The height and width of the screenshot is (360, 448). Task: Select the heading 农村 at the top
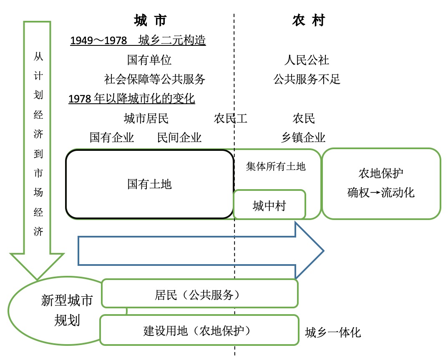point(308,20)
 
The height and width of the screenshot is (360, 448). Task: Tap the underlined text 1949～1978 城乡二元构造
point(138,40)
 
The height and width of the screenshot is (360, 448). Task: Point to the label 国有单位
point(149,60)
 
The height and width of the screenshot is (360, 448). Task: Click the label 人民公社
point(307,60)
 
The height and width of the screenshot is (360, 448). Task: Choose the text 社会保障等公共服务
point(155,79)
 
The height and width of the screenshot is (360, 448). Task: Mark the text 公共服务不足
point(307,79)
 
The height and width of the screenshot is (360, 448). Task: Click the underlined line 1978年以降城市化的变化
point(132,99)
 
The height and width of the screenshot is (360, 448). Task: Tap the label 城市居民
point(146,118)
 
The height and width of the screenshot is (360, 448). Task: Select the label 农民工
point(231,118)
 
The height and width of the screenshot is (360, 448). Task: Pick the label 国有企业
point(112,137)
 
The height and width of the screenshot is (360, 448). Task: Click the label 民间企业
point(179,137)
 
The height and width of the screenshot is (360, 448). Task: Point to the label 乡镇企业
point(303,137)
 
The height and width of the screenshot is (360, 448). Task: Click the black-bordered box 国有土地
point(149,184)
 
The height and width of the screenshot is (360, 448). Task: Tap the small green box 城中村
point(269,205)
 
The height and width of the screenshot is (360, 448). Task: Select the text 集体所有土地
point(276,167)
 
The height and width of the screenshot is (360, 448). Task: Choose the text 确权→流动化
point(381,192)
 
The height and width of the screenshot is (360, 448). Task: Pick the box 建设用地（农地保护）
point(199,330)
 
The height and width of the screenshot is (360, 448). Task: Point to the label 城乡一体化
point(333,332)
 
